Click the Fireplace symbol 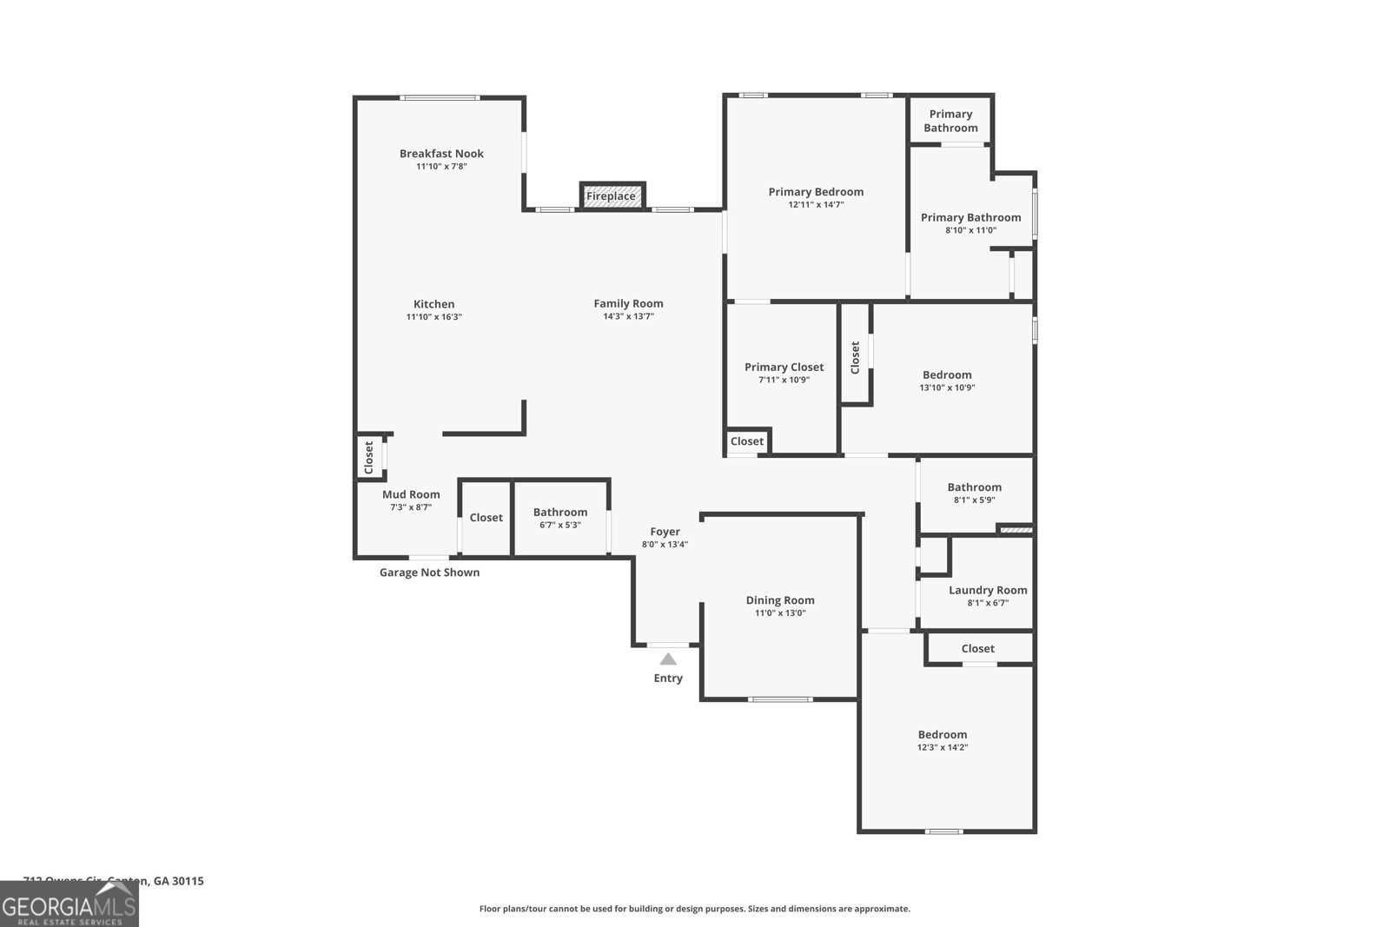click(x=612, y=195)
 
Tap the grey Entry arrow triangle click(x=667, y=659)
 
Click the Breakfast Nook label click(x=441, y=154)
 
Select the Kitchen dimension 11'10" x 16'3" click(x=434, y=317)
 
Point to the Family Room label click(x=628, y=303)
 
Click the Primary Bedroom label click(x=816, y=192)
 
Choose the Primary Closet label click(x=784, y=367)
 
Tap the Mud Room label click(x=411, y=494)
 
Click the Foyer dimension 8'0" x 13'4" click(x=665, y=545)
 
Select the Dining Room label click(x=780, y=600)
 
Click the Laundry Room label click(x=988, y=590)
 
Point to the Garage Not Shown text click(x=429, y=573)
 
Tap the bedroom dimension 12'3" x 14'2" click(x=942, y=747)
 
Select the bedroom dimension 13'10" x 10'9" click(x=947, y=387)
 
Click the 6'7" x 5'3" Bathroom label click(x=560, y=513)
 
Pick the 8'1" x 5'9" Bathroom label click(x=974, y=487)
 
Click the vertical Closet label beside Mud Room click(x=368, y=457)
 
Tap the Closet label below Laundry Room click(x=977, y=648)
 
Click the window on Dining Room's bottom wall click(x=780, y=699)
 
